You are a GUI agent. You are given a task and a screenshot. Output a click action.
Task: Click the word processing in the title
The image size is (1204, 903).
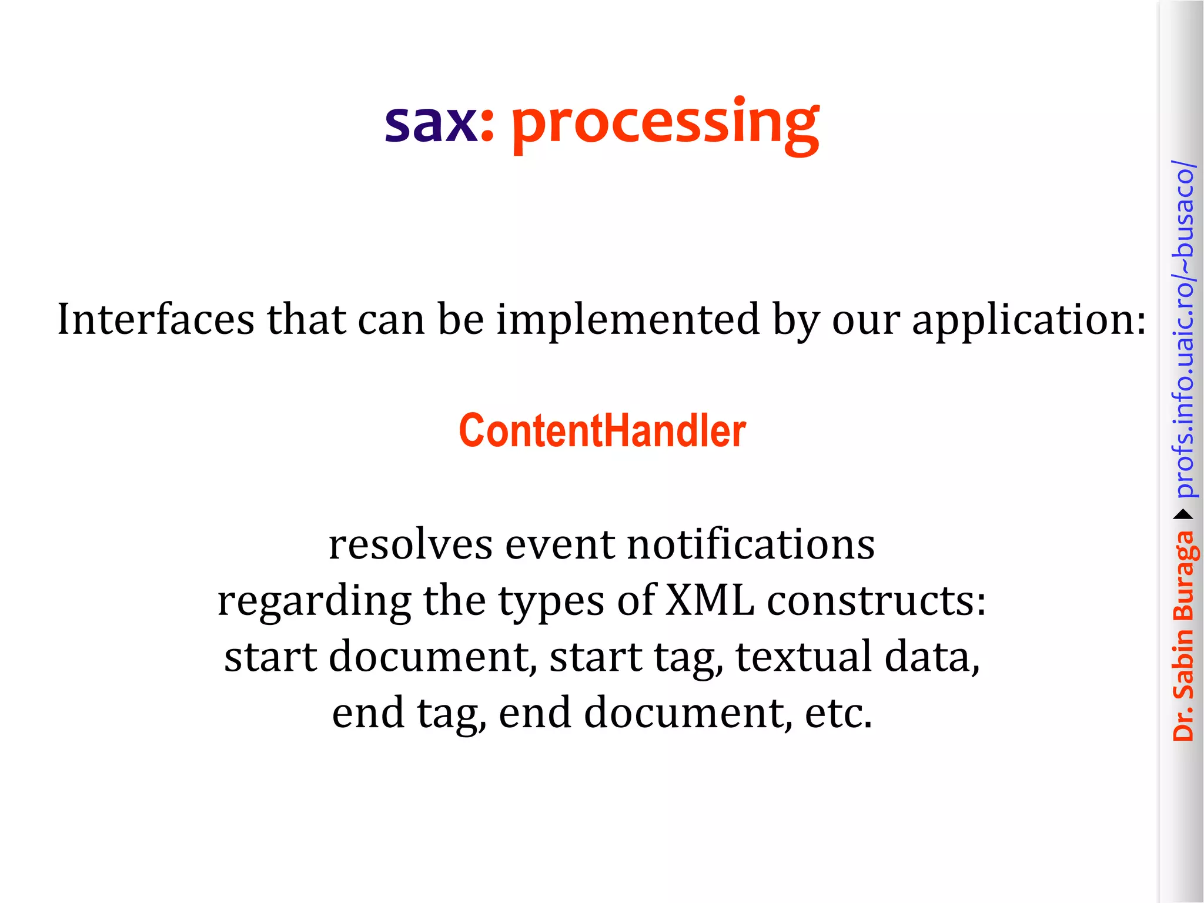(x=664, y=125)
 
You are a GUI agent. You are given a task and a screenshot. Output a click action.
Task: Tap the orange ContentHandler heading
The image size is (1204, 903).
(x=602, y=431)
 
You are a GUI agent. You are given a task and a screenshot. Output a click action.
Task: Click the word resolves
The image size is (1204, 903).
(x=410, y=544)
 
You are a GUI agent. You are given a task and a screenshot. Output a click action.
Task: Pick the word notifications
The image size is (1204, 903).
(x=751, y=544)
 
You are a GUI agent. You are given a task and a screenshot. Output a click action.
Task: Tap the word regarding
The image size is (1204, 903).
(x=314, y=602)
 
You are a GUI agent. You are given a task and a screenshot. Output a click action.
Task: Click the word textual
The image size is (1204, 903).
(x=804, y=657)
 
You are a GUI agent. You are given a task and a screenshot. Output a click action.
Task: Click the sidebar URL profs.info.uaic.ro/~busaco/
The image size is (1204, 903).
(x=1183, y=329)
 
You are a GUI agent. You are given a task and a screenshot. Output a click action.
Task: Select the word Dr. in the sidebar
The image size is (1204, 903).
(x=1183, y=723)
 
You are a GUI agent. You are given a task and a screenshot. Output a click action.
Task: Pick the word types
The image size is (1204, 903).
(x=551, y=602)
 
